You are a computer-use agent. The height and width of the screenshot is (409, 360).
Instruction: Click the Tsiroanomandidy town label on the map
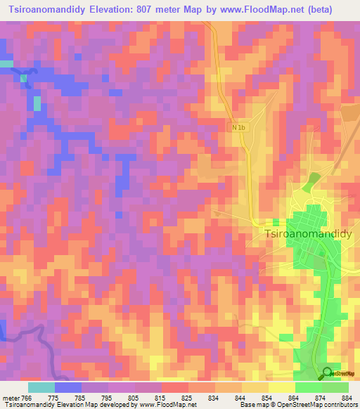pyautogui.click(x=307, y=234)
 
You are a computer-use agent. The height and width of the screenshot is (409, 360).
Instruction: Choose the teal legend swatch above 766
pyautogui.click(x=41, y=387)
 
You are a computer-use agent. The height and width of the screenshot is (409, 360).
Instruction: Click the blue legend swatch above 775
pyautogui.click(x=68, y=387)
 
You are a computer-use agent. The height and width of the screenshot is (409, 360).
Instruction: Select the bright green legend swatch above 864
pyautogui.click(x=308, y=387)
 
